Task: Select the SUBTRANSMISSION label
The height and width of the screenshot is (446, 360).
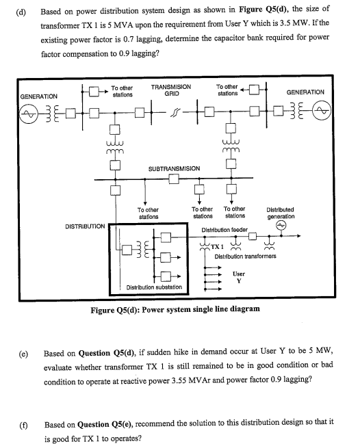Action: click(174, 168)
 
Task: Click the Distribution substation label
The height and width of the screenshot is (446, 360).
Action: click(155, 287)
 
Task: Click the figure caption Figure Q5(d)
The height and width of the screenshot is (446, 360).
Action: click(175, 309)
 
